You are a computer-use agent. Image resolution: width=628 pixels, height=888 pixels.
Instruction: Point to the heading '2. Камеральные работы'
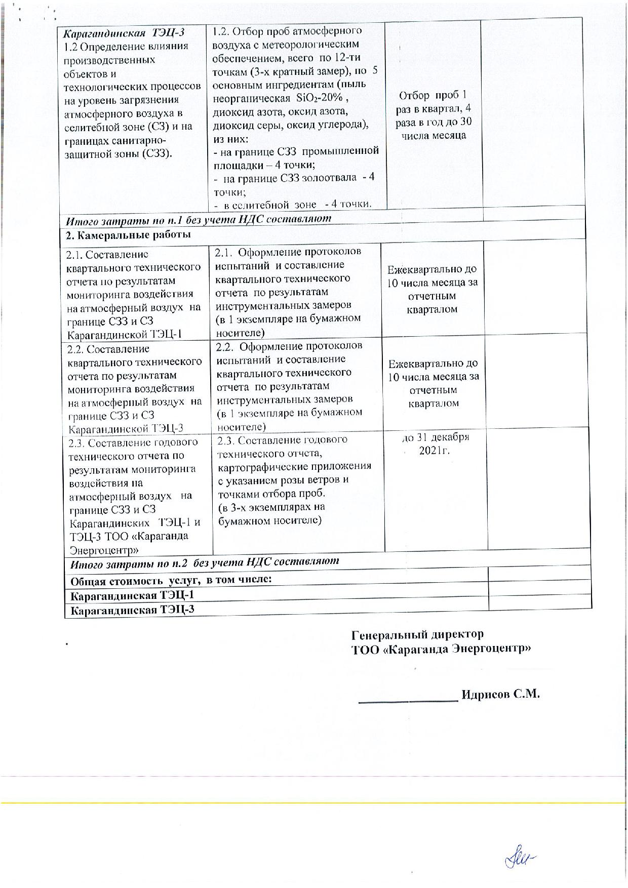[129, 235]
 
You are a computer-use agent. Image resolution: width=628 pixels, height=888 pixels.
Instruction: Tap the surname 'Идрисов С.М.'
[501, 694]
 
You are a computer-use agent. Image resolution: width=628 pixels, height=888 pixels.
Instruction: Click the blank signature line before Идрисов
[408, 701]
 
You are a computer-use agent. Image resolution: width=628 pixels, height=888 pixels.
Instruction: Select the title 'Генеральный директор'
[417, 634]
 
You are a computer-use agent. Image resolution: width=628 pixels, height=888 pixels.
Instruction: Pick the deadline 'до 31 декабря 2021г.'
[435, 443]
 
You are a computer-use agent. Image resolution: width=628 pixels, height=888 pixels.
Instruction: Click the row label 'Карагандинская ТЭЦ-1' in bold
[132, 595]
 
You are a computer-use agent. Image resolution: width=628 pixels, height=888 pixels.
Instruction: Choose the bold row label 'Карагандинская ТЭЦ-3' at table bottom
[132, 610]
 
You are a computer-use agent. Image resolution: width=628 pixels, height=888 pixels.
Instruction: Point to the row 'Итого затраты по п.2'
[205, 561]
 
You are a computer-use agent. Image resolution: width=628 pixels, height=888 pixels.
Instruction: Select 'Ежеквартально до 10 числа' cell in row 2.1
[433, 289]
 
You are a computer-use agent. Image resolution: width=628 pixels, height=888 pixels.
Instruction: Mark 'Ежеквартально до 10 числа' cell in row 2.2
[434, 383]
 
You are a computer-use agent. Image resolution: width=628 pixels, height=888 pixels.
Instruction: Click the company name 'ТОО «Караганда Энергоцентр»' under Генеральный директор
[441, 649]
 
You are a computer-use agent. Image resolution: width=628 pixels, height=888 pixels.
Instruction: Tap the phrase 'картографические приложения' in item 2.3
[295, 466]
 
